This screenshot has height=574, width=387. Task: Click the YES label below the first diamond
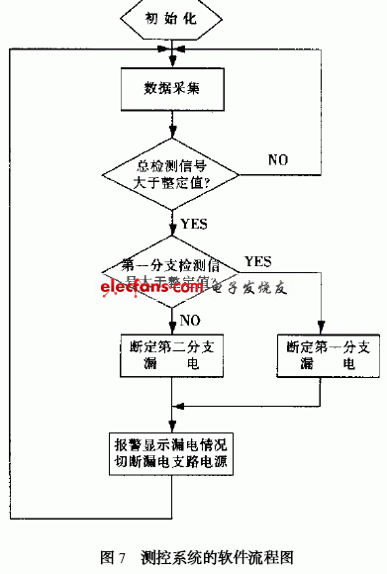195,224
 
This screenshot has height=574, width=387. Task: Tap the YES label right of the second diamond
258,261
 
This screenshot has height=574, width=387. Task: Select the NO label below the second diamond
191,319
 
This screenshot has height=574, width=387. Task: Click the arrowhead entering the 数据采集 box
173,62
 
